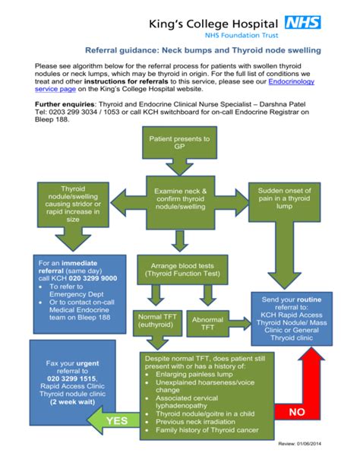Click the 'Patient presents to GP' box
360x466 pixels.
179,144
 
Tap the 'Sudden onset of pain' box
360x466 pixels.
284,201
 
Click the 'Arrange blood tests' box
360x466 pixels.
180,269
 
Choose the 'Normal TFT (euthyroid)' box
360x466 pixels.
156,319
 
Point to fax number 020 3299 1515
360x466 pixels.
71,378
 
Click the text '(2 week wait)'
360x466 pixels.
72,402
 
